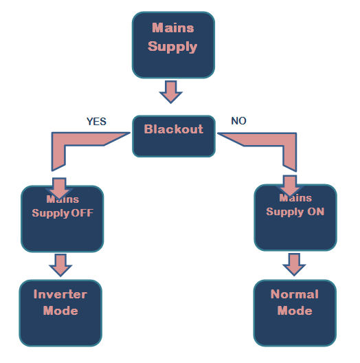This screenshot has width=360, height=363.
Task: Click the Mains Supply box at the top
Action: [x=173, y=45]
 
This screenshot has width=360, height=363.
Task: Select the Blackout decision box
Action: [x=174, y=136]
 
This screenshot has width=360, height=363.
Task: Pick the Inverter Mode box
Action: [x=60, y=313]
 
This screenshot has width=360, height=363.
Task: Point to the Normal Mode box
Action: [x=295, y=313]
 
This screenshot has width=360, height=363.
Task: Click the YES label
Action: [x=96, y=122]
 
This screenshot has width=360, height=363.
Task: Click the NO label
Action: [x=238, y=121]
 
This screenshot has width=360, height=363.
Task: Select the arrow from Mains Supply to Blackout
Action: [x=171, y=92]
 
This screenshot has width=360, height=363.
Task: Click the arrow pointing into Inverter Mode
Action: [x=60, y=265]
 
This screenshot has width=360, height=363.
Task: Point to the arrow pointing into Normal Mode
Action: [x=294, y=265]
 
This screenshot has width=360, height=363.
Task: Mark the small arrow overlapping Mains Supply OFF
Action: [x=59, y=188]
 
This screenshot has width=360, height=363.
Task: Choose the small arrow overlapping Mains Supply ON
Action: [x=290, y=186]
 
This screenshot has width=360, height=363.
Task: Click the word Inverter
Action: [x=60, y=294]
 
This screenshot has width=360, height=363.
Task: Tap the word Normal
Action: [x=295, y=294]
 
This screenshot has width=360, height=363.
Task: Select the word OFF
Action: [x=82, y=213]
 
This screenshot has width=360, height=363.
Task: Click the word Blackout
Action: [x=174, y=129]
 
